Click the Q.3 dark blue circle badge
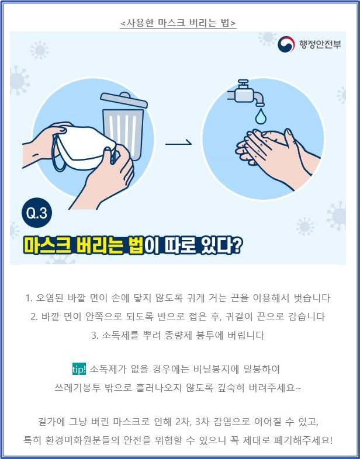37,213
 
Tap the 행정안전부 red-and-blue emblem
286,44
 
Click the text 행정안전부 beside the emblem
320,44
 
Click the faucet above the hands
246,92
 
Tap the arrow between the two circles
178,144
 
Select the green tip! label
79,369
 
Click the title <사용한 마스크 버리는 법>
178,23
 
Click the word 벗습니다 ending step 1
311,298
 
